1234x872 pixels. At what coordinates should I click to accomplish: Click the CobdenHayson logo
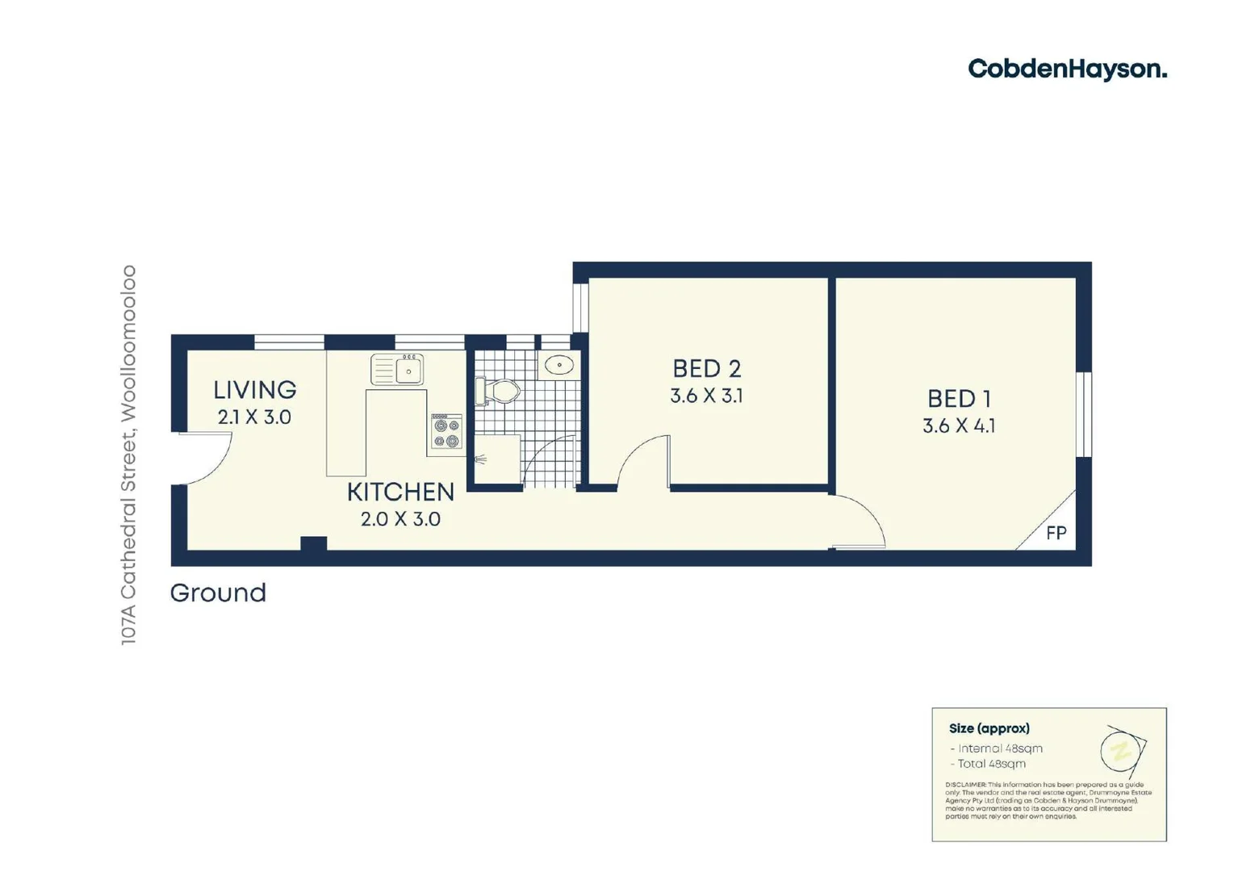click(x=1067, y=69)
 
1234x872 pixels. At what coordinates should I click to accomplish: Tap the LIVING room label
click(x=254, y=390)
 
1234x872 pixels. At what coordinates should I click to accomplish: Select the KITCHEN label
click(x=400, y=492)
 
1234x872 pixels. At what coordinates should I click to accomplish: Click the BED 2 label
click(x=706, y=369)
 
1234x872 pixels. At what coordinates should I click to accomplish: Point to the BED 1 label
click(x=959, y=399)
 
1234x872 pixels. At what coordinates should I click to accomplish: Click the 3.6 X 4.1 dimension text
click(x=959, y=426)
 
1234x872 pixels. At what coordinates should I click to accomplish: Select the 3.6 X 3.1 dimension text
click(x=706, y=396)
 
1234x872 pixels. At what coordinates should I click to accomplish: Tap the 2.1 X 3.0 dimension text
click(x=254, y=417)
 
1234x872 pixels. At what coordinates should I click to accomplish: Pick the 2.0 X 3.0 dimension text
click(x=400, y=519)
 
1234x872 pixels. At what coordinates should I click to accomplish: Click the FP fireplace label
click(x=1056, y=533)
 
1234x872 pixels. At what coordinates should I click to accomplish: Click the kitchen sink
click(x=397, y=369)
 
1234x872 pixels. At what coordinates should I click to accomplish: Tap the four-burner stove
click(x=446, y=433)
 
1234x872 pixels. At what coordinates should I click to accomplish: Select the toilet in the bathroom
click(x=498, y=392)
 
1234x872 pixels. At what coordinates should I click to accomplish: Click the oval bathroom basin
click(x=558, y=366)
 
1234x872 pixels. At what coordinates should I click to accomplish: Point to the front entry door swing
click(x=205, y=459)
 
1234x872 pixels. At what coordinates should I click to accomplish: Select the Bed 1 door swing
click(x=860, y=522)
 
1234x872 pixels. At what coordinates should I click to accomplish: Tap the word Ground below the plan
click(x=218, y=593)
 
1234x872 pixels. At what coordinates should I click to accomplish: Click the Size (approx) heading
click(x=989, y=728)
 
